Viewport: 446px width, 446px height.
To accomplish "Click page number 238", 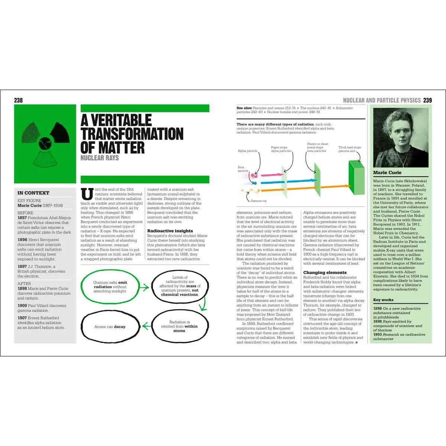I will click(18, 100).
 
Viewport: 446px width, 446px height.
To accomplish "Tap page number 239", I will click(427, 100).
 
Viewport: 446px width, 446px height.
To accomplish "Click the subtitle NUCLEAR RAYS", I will click(100, 158).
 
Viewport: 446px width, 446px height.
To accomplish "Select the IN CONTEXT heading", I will click(33, 193).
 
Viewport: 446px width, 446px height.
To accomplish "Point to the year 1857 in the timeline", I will click(23, 218).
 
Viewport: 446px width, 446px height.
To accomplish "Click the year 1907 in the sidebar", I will click(23, 318).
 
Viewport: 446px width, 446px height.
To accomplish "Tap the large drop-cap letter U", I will click(87, 195).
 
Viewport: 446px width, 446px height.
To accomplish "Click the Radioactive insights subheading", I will click(170, 231).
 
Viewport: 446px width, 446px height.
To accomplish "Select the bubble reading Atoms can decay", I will click(110, 327).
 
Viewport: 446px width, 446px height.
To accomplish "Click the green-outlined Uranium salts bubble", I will click(110, 287).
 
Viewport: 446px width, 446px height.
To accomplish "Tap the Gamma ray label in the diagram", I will click(258, 201).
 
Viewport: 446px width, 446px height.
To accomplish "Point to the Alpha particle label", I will click(248, 151).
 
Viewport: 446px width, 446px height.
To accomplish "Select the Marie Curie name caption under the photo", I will click(387, 172).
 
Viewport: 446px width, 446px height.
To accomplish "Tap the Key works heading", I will click(383, 300).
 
